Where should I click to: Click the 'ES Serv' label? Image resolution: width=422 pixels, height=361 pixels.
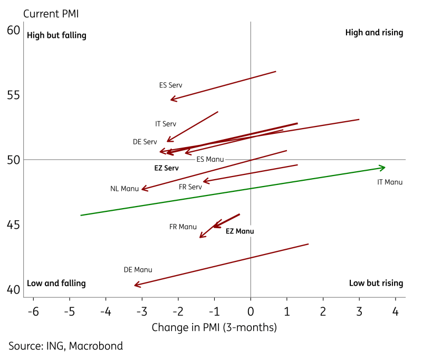click(170, 85)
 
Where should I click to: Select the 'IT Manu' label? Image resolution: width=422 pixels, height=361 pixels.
click(390, 182)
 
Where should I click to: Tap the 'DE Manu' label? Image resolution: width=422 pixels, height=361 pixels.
click(138, 270)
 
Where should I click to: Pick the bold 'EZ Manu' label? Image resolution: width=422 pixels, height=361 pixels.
click(240, 231)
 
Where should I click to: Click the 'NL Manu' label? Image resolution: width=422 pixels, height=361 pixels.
click(124, 189)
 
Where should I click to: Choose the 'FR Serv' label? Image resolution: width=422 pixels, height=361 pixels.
click(190, 187)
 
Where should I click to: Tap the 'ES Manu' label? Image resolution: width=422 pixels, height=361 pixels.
click(210, 159)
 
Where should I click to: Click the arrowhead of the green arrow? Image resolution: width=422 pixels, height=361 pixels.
click(383, 168)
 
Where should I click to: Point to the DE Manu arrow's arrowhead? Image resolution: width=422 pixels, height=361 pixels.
click(136, 285)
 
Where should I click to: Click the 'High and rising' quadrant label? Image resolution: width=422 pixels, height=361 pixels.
click(374, 33)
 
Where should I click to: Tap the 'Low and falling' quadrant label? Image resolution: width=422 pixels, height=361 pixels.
click(56, 284)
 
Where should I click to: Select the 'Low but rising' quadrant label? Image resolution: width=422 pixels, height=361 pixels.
click(376, 284)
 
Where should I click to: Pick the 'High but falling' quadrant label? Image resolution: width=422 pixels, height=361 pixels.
click(56, 36)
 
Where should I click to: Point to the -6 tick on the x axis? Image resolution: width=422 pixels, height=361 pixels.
click(33, 311)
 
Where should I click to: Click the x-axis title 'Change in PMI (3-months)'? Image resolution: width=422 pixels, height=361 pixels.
click(214, 327)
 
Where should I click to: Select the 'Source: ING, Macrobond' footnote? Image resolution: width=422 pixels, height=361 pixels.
click(65, 346)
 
